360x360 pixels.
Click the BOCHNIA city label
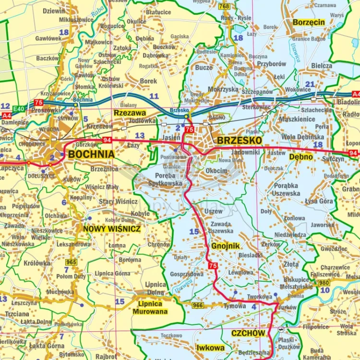click(x=91, y=154)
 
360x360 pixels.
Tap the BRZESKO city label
click(x=240, y=140)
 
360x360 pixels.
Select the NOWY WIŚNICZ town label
click(x=112, y=229)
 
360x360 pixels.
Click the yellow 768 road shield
click(x=224, y=6)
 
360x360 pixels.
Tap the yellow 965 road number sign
click(x=72, y=262)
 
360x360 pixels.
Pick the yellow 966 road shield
click(x=197, y=305)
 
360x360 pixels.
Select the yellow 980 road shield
click(x=324, y=282)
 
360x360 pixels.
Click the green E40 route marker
click(x=19, y=109)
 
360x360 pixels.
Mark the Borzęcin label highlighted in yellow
click(x=309, y=22)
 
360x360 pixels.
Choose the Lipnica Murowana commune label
click(x=153, y=308)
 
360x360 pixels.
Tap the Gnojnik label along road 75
click(x=225, y=246)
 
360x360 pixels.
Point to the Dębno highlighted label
click(x=301, y=156)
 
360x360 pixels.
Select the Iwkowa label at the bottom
click(x=210, y=348)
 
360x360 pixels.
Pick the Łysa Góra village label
click(x=319, y=201)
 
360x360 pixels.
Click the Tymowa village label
click(x=235, y=306)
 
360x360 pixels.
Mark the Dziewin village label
click(x=53, y=11)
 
